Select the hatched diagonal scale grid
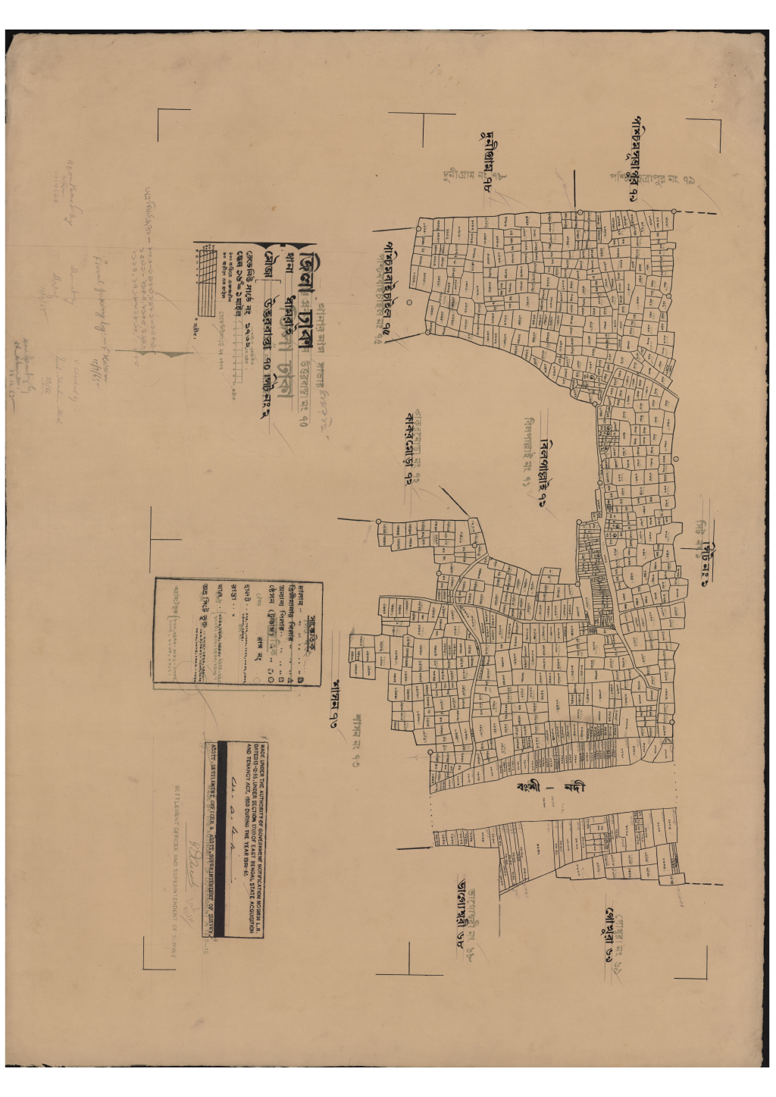click(x=206, y=280)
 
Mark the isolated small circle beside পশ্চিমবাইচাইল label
click(x=408, y=302)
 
